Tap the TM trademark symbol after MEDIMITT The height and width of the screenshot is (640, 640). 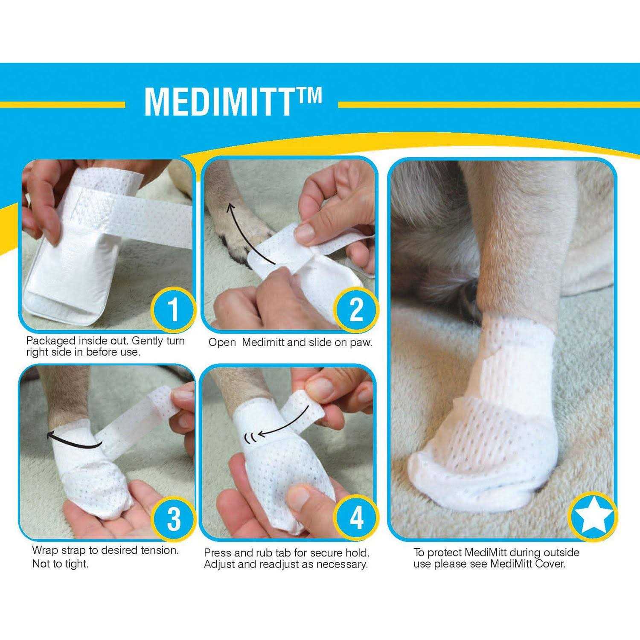(307, 95)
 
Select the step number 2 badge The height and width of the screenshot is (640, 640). (355, 309)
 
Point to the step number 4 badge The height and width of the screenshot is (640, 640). (355, 518)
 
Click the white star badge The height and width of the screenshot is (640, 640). (593, 517)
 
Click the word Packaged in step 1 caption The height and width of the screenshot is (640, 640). (51, 341)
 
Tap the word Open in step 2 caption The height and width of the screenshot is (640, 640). (222, 343)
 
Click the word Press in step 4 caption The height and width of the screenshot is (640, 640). (218, 553)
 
